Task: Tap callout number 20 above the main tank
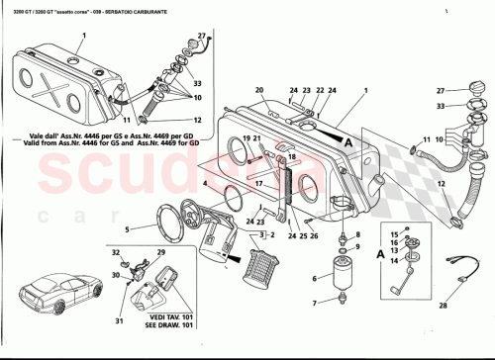pos(257,90)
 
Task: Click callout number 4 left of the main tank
pos(204,183)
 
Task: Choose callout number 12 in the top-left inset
pos(199,121)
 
